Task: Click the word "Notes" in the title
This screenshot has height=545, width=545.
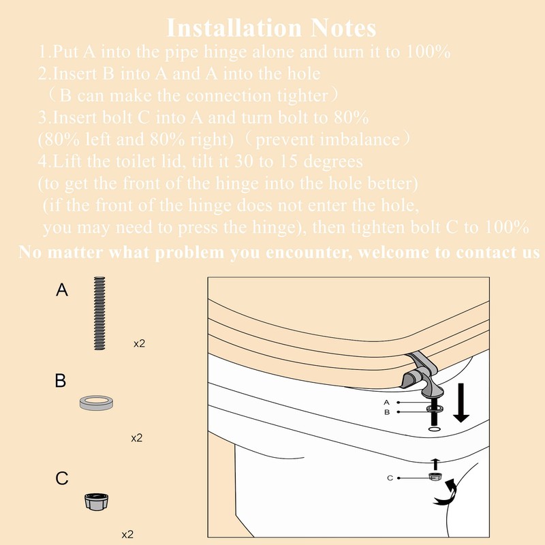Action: point(340,28)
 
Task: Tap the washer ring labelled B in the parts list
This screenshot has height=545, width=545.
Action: point(96,403)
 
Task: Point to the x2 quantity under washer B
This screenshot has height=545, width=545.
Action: point(137,438)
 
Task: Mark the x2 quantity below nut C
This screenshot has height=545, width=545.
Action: point(127,535)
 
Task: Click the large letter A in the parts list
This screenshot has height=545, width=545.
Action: point(62,291)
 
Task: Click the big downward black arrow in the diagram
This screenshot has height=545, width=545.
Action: point(463,402)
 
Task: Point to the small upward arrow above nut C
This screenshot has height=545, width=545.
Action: point(434,463)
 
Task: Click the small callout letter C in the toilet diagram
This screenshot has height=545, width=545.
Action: point(390,478)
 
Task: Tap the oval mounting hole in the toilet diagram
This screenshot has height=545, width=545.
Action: point(434,430)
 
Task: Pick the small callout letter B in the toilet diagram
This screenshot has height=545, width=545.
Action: point(386,412)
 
